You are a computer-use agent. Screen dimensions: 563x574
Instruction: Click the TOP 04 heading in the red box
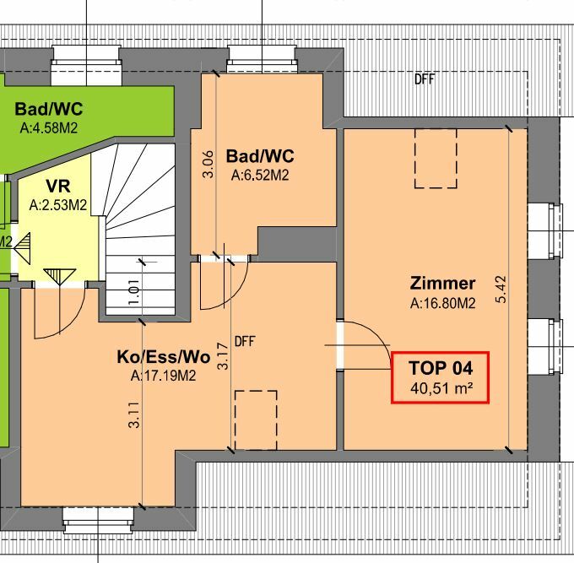pyautogui.click(x=440, y=369)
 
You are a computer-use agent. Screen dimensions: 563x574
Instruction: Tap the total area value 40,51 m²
pyautogui.click(x=440, y=388)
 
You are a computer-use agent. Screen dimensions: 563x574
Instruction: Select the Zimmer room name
pyautogui.click(x=442, y=284)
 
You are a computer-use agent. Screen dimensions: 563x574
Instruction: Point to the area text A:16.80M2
pyautogui.click(x=442, y=302)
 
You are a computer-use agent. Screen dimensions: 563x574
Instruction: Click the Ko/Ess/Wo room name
pyautogui.click(x=163, y=357)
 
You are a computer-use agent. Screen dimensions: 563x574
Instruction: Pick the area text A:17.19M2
pyautogui.click(x=163, y=376)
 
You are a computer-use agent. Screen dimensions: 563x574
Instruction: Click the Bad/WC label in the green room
pyautogui.click(x=48, y=110)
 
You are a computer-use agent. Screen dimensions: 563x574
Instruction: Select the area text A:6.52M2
pyautogui.click(x=260, y=176)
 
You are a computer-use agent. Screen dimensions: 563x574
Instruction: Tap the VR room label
pyautogui.click(x=57, y=187)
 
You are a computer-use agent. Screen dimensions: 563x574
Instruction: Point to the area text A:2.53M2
pyautogui.click(x=57, y=204)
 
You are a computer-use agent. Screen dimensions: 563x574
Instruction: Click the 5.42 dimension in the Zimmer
pyautogui.click(x=501, y=289)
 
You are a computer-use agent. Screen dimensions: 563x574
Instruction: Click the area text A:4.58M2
pyautogui.click(x=48, y=129)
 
